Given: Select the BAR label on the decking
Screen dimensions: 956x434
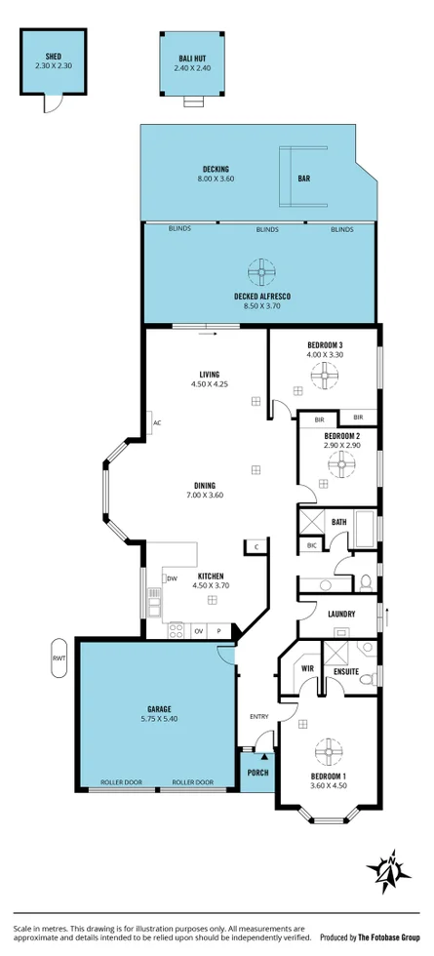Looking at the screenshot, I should point(305,179).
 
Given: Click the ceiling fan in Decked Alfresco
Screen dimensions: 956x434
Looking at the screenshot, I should point(261,271).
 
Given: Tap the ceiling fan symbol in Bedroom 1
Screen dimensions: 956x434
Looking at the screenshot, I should point(326,753).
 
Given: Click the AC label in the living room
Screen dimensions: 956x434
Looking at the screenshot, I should point(156,422).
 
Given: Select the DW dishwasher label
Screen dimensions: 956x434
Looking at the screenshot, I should point(172,578).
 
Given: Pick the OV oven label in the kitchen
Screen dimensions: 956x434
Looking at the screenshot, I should point(198,631).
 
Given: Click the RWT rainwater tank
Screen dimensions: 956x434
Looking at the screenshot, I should point(59,657).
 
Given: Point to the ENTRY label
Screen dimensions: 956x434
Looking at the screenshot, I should point(258,717).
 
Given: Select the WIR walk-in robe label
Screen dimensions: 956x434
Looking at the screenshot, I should point(306,669).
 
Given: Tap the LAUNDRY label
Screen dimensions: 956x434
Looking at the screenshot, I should point(340,614).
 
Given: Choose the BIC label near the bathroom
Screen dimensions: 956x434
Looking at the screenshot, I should point(311,545).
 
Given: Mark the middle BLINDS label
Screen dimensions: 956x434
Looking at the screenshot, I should point(267,229).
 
